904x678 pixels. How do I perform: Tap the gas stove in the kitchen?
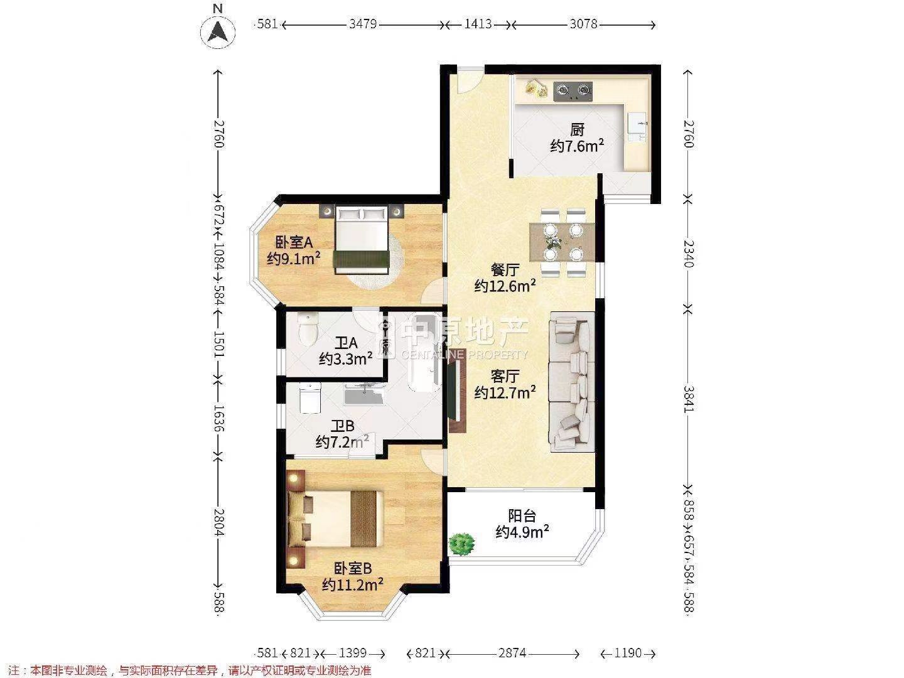[x=573, y=91]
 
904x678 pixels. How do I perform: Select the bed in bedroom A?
[x=362, y=240]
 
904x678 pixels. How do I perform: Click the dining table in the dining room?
[x=562, y=242]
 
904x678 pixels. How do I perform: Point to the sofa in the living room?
[x=572, y=382]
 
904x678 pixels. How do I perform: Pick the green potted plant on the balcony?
[x=461, y=544]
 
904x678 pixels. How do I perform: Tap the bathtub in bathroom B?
[x=424, y=353]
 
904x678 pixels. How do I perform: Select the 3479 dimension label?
[x=362, y=24]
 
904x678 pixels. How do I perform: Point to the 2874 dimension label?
[x=512, y=653]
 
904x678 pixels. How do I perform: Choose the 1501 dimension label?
[x=218, y=345]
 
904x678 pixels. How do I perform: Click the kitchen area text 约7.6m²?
[x=577, y=146]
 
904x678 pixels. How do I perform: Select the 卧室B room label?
[x=353, y=568]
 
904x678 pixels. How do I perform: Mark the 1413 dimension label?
[x=478, y=24]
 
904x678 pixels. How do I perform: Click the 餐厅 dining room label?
[x=505, y=270]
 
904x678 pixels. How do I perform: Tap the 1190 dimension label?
[x=628, y=653]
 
